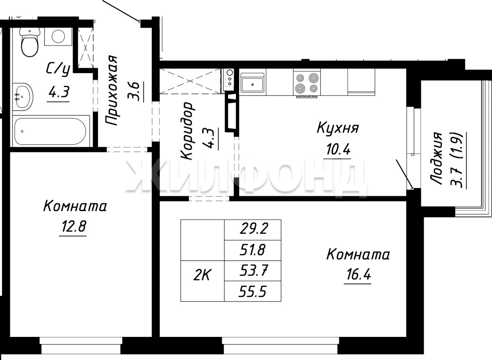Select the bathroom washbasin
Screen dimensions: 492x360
coord(22,97)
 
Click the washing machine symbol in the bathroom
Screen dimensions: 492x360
coord(58,37)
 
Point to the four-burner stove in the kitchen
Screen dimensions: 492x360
coord(307,83)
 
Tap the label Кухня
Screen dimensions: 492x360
coord(337,128)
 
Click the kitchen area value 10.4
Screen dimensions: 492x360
coord(338,149)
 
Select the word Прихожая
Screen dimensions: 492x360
coord(111,90)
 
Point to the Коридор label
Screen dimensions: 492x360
coord(187,130)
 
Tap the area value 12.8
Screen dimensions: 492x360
coord(73,227)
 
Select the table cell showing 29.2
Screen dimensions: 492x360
coord(253,230)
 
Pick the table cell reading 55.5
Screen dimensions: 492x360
coord(253,292)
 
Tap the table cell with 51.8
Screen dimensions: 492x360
coord(253,250)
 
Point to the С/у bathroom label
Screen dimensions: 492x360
coord(58,70)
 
